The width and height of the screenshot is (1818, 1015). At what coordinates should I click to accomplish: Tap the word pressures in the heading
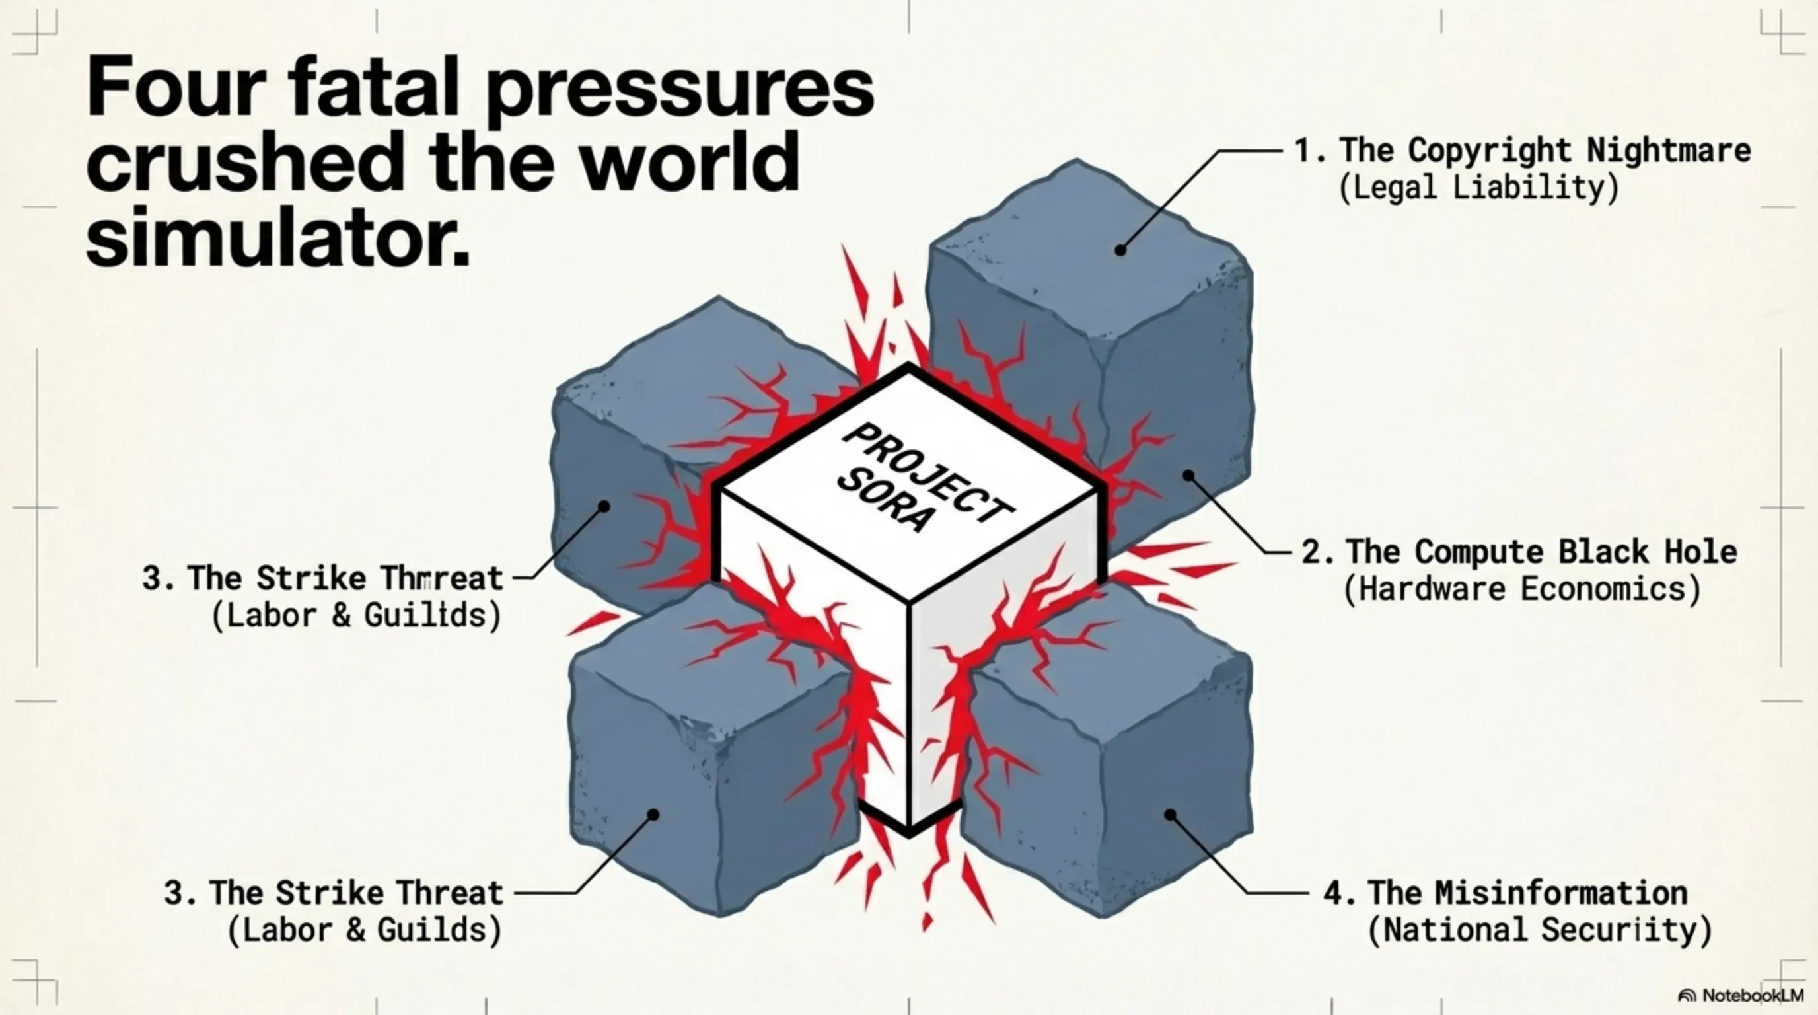pyautogui.click(x=680, y=92)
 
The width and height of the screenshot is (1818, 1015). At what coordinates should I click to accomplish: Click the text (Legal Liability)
pyautogui.click(x=1478, y=188)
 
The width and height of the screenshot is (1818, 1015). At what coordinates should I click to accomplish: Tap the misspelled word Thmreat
pyautogui.click(x=442, y=579)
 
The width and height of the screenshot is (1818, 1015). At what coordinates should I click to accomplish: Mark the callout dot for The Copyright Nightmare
pyautogui.click(x=1120, y=250)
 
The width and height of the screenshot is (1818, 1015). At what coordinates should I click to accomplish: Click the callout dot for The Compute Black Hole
pyautogui.click(x=1188, y=475)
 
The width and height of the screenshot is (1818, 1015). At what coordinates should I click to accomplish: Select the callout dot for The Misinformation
pyautogui.click(x=1170, y=815)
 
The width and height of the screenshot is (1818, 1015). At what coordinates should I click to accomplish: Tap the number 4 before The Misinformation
pyautogui.click(x=1333, y=893)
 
